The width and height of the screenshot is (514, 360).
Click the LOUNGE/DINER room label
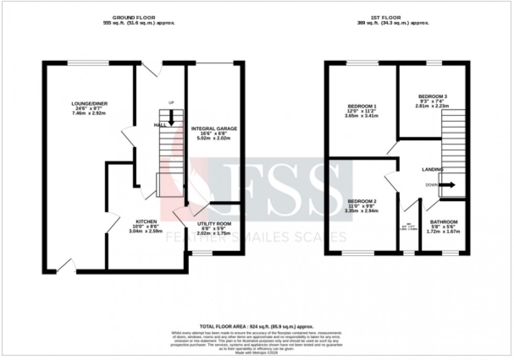(x=87, y=103)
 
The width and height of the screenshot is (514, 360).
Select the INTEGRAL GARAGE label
(x=214, y=128)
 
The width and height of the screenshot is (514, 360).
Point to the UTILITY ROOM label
(x=214, y=224)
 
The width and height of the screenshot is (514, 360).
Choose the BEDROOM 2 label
(x=361, y=201)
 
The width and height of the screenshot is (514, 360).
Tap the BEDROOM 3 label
(x=432, y=96)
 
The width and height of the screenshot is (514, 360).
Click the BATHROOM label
(x=444, y=222)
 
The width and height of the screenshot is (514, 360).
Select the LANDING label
(x=433, y=170)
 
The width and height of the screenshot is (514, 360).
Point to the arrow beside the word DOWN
(x=447, y=184)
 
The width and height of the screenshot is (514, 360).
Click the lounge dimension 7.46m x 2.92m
(x=87, y=113)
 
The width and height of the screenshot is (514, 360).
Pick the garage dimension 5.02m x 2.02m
(x=214, y=138)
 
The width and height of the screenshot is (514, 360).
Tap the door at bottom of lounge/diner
(x=66, y=268)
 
